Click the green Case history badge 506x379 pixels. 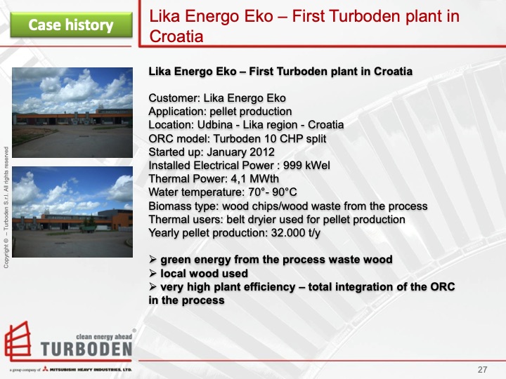coord(71,25)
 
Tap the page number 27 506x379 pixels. coord(483,370)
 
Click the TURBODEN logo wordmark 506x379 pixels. coord(86,349)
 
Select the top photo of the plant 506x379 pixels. coord(72,112)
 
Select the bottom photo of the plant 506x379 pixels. coord(72,211)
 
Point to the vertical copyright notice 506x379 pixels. coord(6,207)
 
